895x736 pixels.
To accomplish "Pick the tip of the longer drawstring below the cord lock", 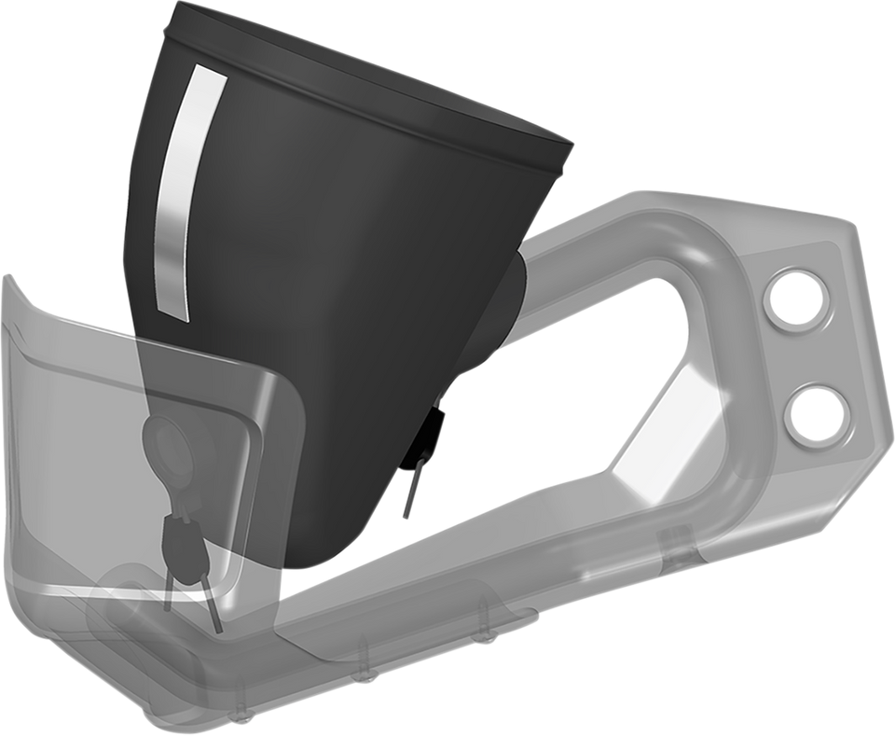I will [x=217, y=629].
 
